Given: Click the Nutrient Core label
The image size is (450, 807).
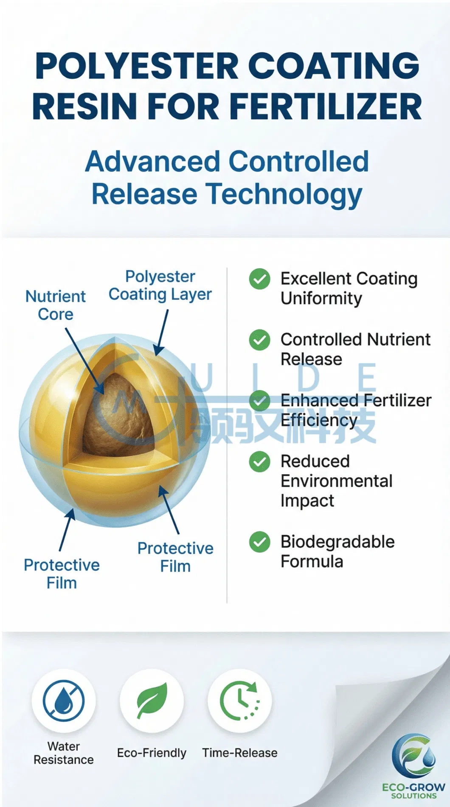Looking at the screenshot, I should [56, 305].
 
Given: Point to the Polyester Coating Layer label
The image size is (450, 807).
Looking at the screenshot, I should [160, 285].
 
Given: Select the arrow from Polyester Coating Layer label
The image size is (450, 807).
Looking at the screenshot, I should [162, 332].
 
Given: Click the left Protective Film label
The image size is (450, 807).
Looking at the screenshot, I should [62, 574].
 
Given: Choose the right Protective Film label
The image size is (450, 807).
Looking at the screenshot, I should [175, 557].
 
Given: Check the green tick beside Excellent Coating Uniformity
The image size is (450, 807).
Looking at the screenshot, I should [259, 279].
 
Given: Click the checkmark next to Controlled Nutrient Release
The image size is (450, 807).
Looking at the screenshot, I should [259, 340].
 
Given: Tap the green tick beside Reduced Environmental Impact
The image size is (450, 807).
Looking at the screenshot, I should [259, 461].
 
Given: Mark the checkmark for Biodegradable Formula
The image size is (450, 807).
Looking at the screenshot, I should [259, 542].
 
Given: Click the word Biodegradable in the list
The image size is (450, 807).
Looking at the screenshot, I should [337, 542].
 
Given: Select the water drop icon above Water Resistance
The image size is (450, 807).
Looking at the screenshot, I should [64, 701].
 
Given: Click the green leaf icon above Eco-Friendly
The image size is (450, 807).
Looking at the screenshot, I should [152, 701].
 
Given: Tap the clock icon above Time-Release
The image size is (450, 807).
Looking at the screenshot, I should [239, 701].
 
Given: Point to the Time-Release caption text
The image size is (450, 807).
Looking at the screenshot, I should [239, 753].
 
